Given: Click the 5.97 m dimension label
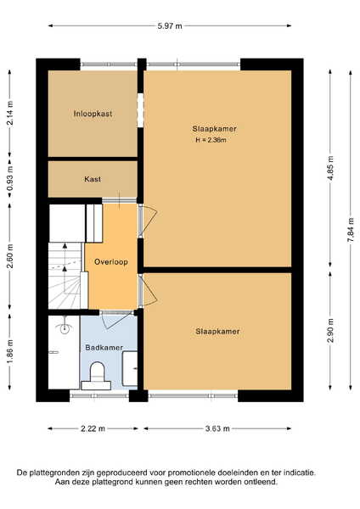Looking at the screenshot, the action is tap(170, 26).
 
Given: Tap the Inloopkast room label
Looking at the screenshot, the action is tap(93, 114).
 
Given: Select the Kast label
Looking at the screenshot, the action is tap(93, 179).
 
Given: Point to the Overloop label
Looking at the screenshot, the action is tap(111, 262).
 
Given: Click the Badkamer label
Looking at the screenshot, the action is tap(104, 348).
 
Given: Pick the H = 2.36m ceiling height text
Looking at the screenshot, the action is tap(211, 140).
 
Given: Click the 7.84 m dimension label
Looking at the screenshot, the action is tap(351, 230).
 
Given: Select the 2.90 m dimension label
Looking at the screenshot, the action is tap(331, 331).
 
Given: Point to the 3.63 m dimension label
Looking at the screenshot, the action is tap(217, 428).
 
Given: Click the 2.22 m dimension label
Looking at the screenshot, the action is tap(93, 428).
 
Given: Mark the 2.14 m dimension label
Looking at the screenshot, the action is tap(10, 113).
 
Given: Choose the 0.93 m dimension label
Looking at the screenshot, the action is tap(10, 179).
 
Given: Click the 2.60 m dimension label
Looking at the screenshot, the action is tap(10, 256).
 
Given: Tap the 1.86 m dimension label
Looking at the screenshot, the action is tap(10, 352).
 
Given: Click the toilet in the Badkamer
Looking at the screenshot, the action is tap(97, 376).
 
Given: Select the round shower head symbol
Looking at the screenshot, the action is tap(65, 329).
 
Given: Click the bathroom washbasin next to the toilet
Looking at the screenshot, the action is tap(130, 368).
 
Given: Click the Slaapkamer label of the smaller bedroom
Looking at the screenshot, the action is tap(217, 332).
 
